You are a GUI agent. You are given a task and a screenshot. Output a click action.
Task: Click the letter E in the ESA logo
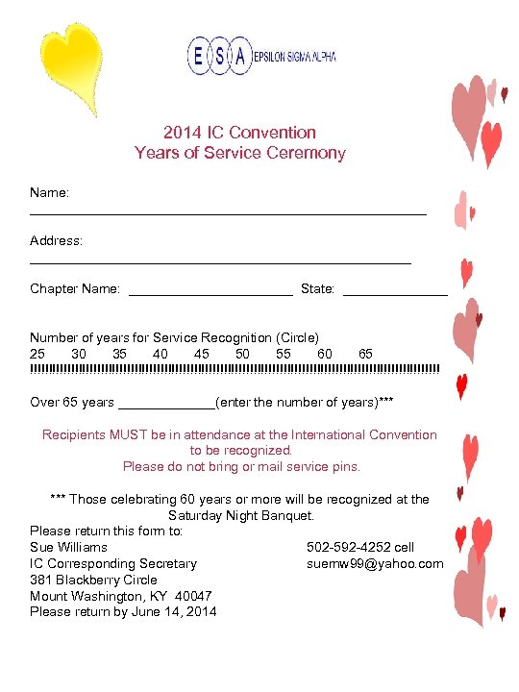coord(198,57)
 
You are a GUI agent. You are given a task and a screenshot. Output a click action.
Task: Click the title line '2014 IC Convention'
coord(239,133)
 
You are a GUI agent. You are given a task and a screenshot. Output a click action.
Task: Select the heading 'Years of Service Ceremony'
coord(239,153)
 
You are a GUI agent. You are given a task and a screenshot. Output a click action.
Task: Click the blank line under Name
coord(228,211)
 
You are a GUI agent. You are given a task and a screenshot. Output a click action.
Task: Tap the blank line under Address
coord(220,260)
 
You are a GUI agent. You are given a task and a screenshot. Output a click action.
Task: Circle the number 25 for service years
coord(37,354)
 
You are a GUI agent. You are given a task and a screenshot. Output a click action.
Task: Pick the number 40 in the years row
coord(161,354)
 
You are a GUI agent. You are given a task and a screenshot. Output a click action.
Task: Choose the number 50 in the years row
coord(242,354)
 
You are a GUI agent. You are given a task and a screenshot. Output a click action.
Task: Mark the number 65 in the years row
coord(365,354)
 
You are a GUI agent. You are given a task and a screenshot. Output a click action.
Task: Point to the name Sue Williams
coord(68,547)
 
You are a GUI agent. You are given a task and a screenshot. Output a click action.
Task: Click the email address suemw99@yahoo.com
coord(375,563)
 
